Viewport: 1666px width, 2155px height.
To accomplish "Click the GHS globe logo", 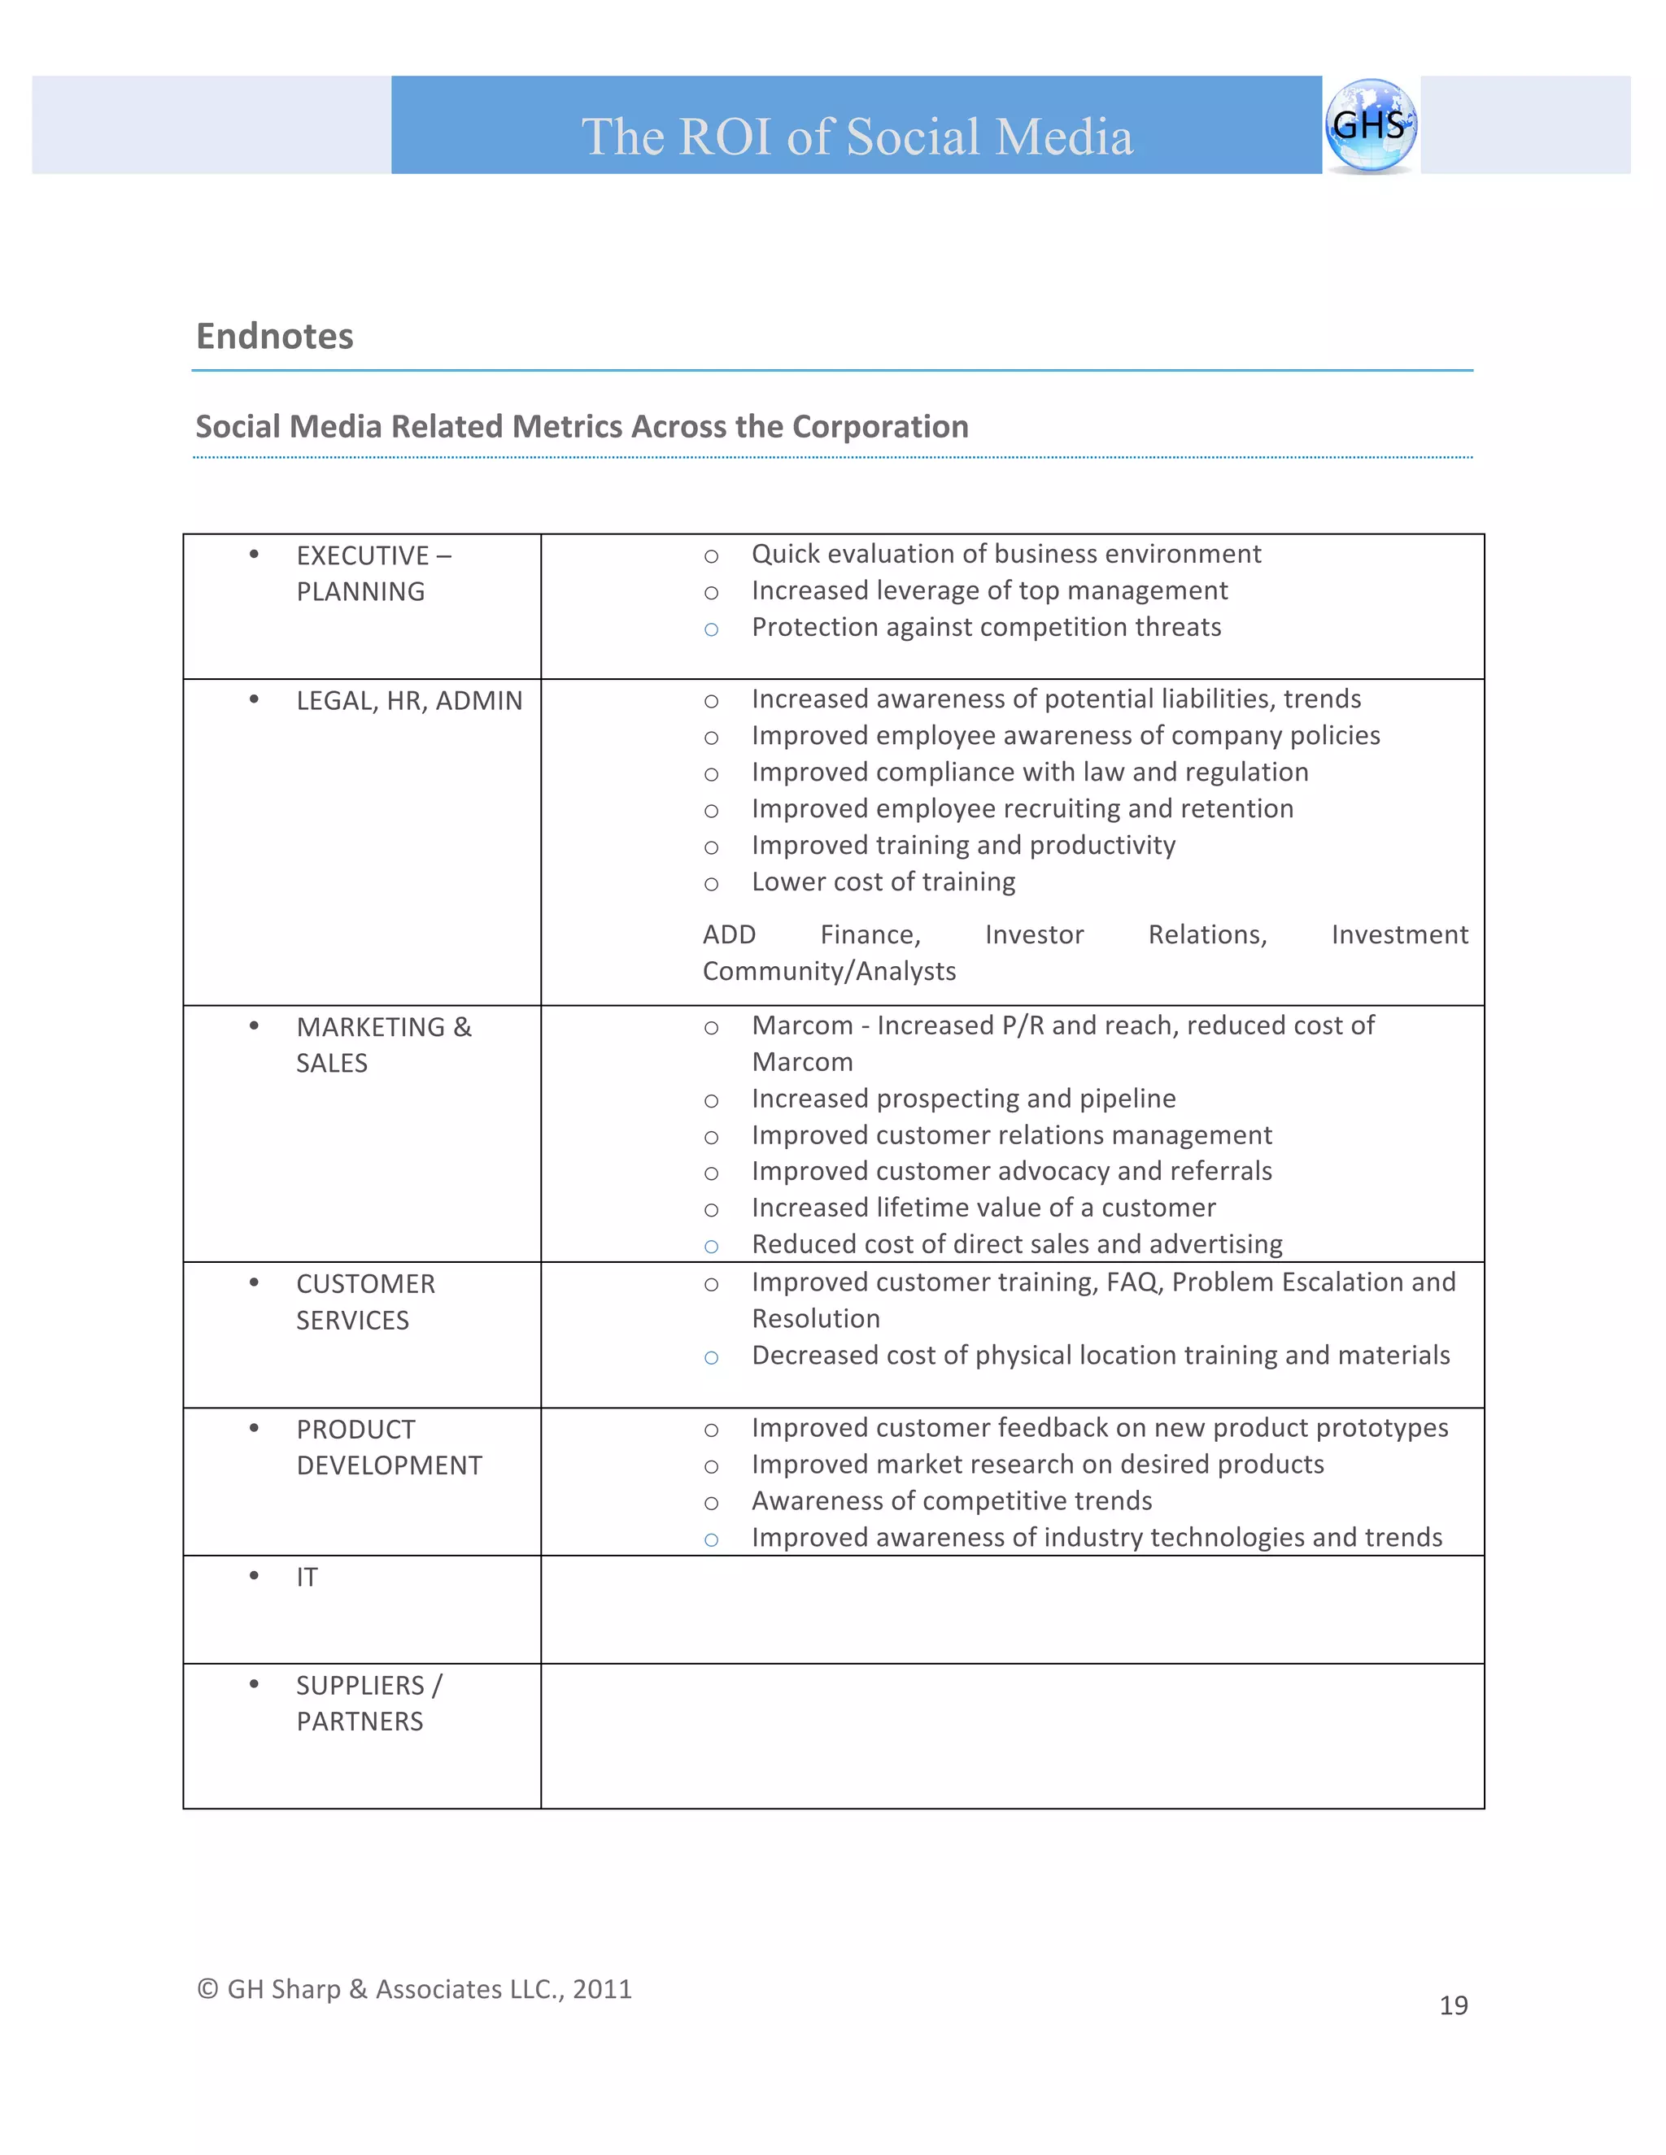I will tap(1370, 125).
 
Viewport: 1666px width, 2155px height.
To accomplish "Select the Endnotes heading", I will tap(274, 337).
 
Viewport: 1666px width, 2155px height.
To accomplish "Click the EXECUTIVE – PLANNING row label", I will tap(373, 573).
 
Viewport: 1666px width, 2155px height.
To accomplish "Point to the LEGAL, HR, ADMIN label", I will tap(408, 700).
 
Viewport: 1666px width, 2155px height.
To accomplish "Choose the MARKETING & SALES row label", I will tap(383, 1045).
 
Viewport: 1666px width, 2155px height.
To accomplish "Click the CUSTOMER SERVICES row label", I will tap(365, 1301).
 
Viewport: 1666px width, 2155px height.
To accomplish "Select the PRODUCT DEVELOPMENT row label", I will tap(389, 1448).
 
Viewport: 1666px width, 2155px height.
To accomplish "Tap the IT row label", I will tap(307, 1578).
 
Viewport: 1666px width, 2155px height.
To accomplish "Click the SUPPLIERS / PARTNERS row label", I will tap(369, 1703).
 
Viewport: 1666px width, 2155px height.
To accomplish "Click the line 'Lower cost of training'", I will tap(883, 882).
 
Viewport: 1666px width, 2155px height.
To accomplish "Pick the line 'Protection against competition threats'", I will tap(986, 628).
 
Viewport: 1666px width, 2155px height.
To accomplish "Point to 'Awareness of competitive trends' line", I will tap(952, 1501).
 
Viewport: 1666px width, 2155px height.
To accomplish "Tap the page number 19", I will tap(1453, 2006).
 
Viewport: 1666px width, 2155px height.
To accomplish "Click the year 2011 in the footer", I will tap(602, 1989).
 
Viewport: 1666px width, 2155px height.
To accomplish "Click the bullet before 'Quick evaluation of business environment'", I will tap(711, 556).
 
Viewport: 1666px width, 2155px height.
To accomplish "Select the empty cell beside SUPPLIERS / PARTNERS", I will tap(1012, 1735).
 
